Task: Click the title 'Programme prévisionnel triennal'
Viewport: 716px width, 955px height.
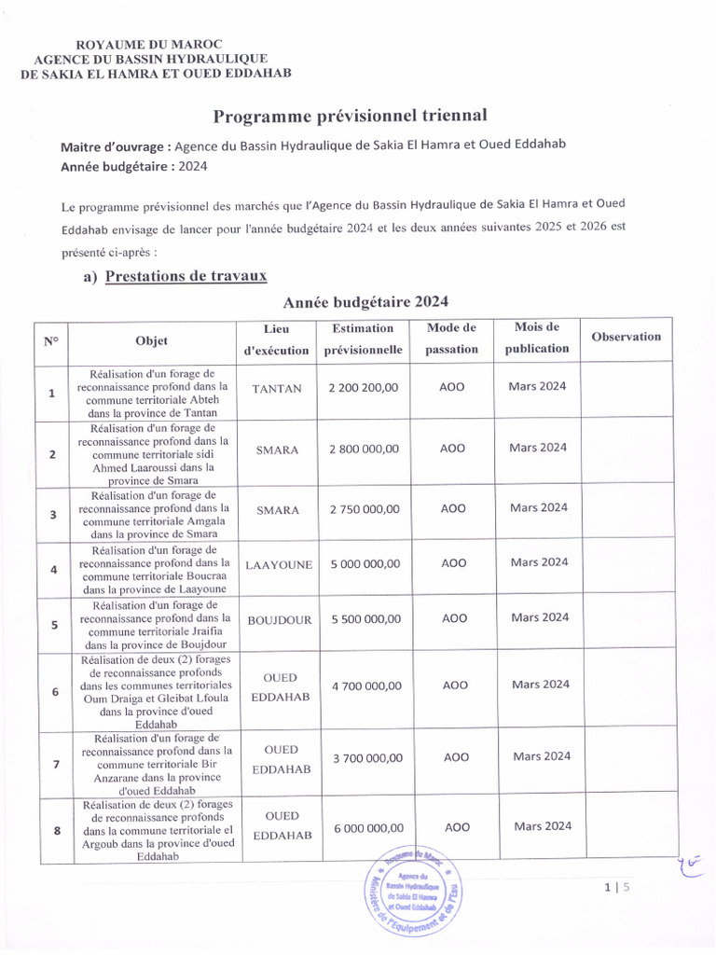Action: pos(351,116)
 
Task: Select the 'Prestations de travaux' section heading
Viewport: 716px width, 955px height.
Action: pos(186,276)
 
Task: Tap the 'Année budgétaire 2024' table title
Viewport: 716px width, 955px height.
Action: pos(366,302)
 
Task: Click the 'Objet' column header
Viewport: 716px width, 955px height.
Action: pos(151,339)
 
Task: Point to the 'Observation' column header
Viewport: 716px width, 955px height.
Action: pos(626,337)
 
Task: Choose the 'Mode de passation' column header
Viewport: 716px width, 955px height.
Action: pos(451,339)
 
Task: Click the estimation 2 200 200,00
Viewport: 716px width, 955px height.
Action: pos(364,388)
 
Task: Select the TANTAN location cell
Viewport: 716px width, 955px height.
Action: pos(278,389)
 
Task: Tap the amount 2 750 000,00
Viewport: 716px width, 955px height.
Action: pos(364,509)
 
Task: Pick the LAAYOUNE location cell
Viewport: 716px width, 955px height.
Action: pos(279,565)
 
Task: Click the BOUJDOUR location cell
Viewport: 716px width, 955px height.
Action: pos(279,620)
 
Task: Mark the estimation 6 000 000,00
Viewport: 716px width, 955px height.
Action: pos(366,828)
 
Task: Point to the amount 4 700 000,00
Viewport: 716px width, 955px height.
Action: pos(366,686)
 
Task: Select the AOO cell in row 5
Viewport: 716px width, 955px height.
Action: pos(454,618)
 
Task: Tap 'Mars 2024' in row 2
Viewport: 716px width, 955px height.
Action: pos(538,448)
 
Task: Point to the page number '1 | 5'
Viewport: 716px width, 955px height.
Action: pos(617,888)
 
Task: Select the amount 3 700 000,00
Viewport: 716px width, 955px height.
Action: pos(366,758)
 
